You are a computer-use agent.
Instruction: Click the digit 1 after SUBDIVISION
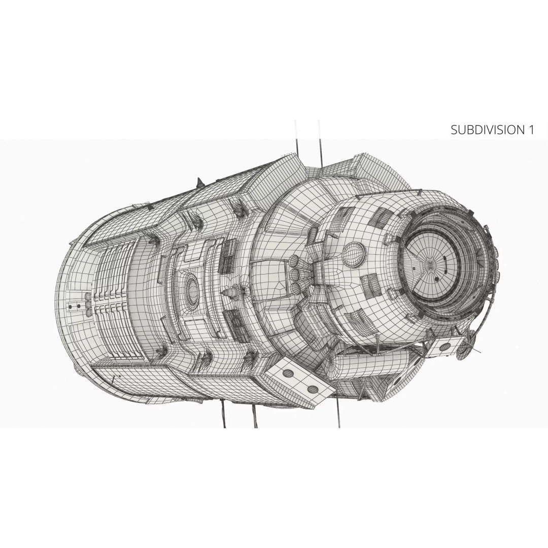click(531, 130)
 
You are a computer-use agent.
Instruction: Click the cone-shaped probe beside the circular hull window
click(231, 291)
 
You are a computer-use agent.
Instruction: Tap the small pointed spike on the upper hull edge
click(199, 182)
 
